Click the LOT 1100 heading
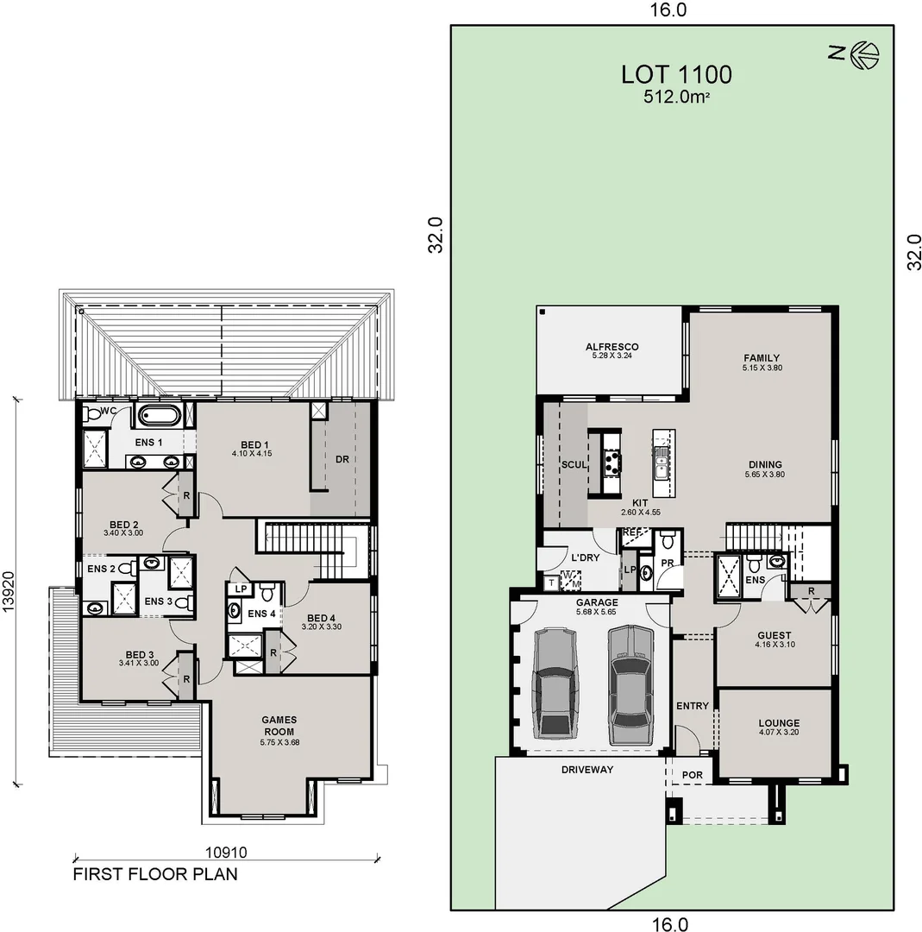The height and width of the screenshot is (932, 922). pos(676,74)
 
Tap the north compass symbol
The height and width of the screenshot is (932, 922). pos(863,54)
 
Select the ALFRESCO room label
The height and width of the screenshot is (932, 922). pos(612,347)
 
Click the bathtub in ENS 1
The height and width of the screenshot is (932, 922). pos(160,416)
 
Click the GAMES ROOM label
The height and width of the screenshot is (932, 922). pos(279,725)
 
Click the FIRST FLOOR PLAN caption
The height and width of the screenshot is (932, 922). pos(155,873)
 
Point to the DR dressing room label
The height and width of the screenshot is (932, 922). pos(342,459)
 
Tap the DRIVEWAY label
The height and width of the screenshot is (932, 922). pos(586,769)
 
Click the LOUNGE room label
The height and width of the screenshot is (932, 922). pos(778,723)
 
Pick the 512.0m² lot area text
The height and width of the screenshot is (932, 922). pos(676,98)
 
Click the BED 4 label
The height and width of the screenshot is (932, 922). pos(320,618)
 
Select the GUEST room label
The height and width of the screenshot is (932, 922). pos(773,633)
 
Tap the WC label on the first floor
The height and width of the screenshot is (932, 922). pos(109,411)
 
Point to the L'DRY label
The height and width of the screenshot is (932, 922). pos(584,557)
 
